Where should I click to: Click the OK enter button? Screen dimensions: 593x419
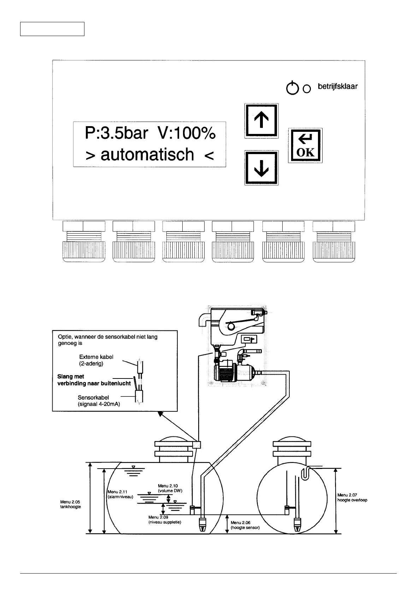pyautogui.click(x=305, y=145)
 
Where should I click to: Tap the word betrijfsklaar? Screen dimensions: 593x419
pyautogui.click(x=337, y=86)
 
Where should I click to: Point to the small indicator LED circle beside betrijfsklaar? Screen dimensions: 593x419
pyautogui.click(x=307, y=89)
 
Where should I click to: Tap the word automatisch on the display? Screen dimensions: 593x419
pyautogui.click(x=147, y=155)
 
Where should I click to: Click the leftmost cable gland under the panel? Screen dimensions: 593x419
pyautogui.click(x=84, y=242)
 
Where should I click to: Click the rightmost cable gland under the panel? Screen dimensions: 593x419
pyautogui.click(x=334, y=242)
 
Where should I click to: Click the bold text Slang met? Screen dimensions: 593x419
pyautogui.click(x=71, y=377)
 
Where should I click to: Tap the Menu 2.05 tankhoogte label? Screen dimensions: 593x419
pyautogui.click(x=71, y=504)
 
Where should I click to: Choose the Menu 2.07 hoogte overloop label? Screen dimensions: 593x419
pyautogui.click(x=352, y=497)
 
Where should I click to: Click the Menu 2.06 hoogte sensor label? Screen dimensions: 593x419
pyautogui.click(x=245, y=525)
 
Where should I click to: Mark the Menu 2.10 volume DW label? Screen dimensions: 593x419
pyautogui.click(x=170, y=488)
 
